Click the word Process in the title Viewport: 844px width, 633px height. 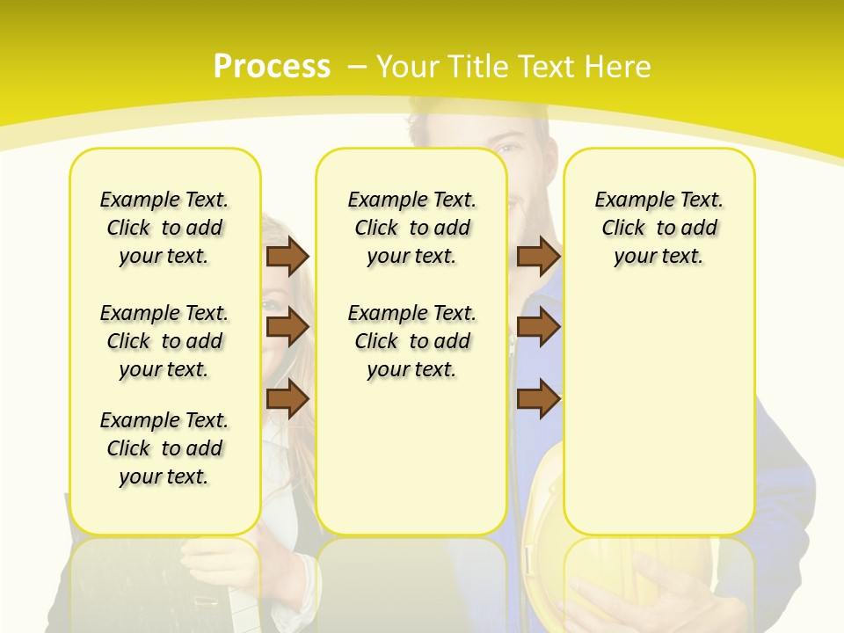272,67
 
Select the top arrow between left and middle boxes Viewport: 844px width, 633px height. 287,257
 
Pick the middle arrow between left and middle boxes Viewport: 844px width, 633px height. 287,327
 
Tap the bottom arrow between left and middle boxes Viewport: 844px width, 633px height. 287,399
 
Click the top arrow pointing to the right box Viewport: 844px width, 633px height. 538,257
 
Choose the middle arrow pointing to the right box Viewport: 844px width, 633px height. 538,327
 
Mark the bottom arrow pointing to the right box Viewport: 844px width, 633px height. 538,399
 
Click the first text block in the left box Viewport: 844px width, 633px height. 164,228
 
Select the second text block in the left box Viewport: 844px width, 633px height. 164,341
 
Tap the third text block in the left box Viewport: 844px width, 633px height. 164,448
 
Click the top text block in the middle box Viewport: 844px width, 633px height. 411,228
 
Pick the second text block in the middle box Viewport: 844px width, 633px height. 411,341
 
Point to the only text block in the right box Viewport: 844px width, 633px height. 658,228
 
